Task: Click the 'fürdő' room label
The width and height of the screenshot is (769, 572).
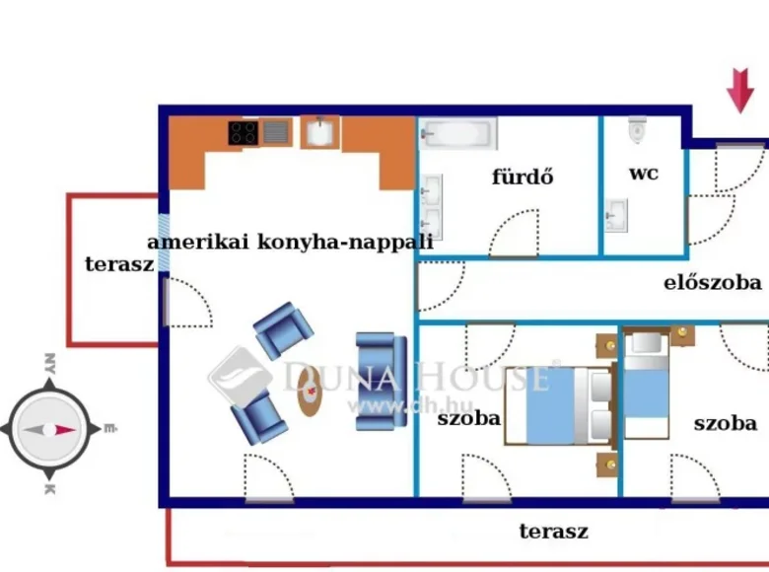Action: (523, 178)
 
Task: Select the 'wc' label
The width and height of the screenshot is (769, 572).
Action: (644, 174)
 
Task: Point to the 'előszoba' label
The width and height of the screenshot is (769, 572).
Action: (712, 283)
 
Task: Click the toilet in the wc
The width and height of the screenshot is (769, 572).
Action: (637, 130)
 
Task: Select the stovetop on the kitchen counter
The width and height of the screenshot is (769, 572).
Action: (245, 132)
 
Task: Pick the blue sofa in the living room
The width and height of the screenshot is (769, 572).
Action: (381, 382)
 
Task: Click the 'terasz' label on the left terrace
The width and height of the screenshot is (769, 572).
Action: (119, 264)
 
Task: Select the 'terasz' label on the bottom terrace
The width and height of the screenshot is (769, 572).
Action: (553, 532)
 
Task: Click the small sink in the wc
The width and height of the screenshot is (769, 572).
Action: (616, 213)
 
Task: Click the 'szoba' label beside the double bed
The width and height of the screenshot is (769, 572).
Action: (469, 418)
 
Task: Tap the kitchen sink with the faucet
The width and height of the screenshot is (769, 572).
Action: (316, 133)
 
